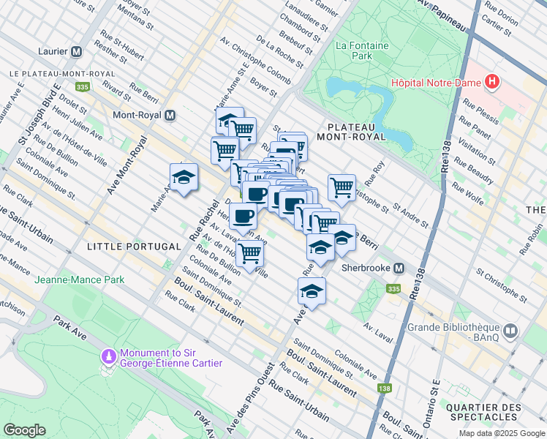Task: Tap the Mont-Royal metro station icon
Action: point(170,116)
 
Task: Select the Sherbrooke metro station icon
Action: point(399,268)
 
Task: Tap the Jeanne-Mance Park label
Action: point(80,279)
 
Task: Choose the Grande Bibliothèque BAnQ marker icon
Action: point(510,331)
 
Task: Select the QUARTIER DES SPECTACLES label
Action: point(494,413)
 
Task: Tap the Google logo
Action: point(24,429)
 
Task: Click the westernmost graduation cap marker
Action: point(184,177)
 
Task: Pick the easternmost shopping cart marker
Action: point(342,187)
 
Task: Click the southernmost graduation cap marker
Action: point(312,290)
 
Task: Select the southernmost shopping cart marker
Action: point(250,253)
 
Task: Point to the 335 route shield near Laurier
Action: point(82,87)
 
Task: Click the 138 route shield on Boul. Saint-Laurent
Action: point(384,388)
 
